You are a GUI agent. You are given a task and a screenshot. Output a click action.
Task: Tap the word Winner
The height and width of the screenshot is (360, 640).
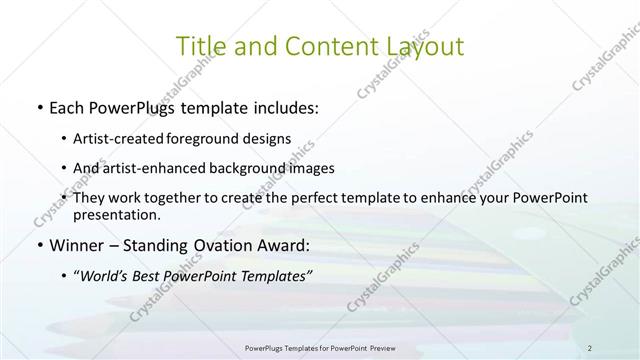(x=76, y=246)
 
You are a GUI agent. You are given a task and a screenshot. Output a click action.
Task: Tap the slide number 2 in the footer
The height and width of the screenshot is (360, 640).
(x=591, y=347)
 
